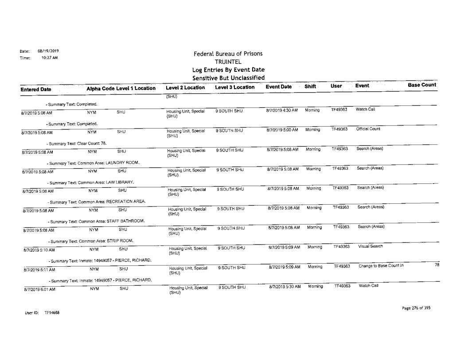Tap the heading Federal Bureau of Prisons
pyautogui.click(x=228, y=54)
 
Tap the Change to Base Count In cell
pyautogui.click(x=380, y=266)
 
